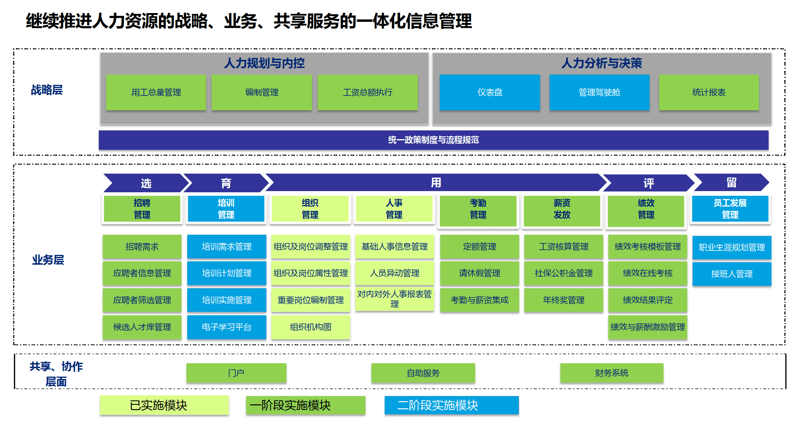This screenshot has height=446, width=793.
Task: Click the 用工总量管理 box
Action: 156,92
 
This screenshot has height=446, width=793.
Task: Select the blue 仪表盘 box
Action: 490,92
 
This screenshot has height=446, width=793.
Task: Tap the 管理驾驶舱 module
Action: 599,92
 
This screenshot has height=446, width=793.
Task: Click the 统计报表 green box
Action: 709,92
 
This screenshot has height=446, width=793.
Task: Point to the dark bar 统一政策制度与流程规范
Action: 433,140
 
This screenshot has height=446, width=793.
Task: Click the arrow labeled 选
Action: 146,183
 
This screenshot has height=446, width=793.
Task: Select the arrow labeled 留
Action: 731,183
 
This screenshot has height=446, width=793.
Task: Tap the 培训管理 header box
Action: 226,209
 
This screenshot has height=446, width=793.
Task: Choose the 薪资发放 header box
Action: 562,209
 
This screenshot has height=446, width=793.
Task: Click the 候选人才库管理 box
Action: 142,327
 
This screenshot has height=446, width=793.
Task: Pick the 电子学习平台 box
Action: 226,327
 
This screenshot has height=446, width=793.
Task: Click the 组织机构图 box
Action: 310,327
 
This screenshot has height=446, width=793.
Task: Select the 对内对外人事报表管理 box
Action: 395,299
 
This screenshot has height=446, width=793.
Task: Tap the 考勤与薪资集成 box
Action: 479,300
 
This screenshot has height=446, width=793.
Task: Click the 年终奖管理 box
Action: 563,300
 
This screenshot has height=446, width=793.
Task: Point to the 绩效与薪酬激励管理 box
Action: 647,327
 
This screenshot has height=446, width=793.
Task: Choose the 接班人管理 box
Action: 732,274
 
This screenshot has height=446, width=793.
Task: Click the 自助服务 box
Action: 423,373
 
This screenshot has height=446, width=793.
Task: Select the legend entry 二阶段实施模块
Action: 451,405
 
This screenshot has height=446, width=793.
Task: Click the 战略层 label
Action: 47,90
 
